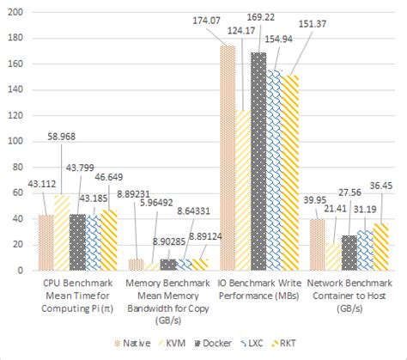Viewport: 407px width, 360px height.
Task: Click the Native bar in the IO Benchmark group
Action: (228, 159)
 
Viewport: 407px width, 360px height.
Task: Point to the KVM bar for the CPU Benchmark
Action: (62, 233)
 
